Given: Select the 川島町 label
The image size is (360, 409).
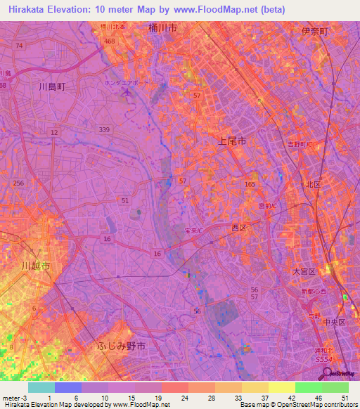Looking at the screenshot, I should pyautogui.click(x=51, y=87).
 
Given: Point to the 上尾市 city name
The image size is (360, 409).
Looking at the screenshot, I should pyautogui.click(x=229, y=141).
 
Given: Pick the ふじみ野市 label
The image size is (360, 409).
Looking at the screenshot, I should pyautogui.click(x=121, y=346).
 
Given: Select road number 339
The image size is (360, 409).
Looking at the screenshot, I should pyautogui.click(x=105, y=129).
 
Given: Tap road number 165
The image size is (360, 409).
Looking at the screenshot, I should pyautogui.click(x=250, y=184).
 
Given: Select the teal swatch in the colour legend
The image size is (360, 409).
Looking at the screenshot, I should pyautogui.click(x=41, y=387).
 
